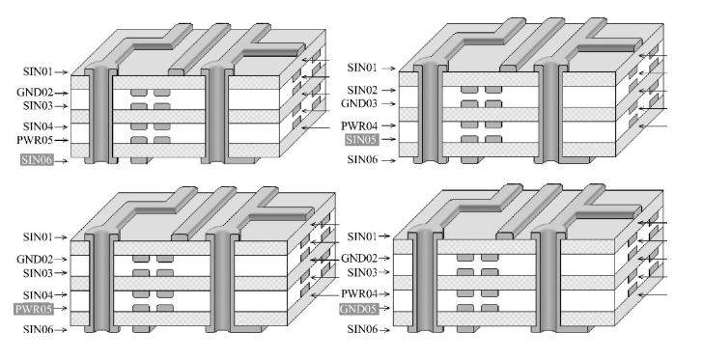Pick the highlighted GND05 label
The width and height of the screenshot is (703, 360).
point(363,310)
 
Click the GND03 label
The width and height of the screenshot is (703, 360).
point(362,103)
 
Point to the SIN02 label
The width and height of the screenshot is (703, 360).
point(363,89)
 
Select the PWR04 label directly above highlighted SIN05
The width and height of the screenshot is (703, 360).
point(362,125)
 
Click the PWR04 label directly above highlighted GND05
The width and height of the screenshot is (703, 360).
point(363,292)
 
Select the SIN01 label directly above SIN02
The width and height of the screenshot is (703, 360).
point(363,68)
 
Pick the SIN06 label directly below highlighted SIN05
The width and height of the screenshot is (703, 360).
point(363,159)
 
